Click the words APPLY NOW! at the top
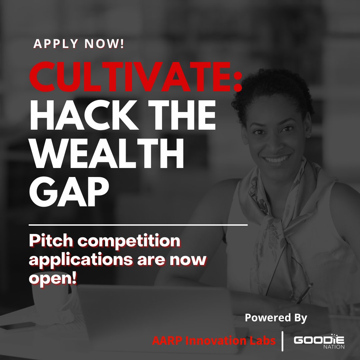pos(79,44)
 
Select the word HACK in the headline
pos(84,115)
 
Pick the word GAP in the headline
pos(69,191)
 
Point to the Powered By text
pos(276,318)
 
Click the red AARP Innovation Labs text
pos(214,340)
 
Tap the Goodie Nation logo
pos(319,341)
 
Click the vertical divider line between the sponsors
pos(282,341)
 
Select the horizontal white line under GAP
pos(138,225)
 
